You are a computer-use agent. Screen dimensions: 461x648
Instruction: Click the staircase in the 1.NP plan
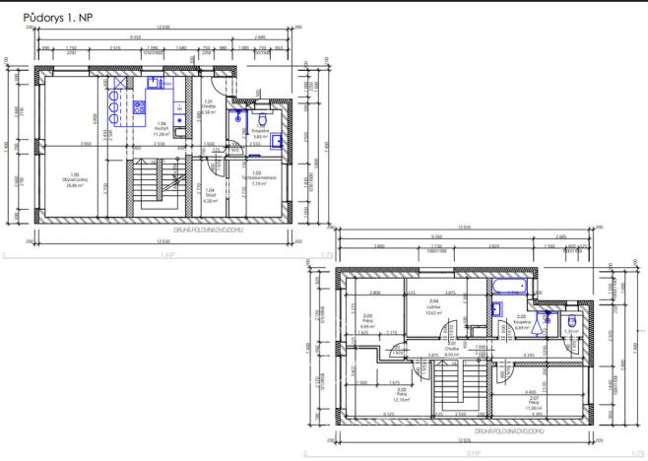coord(150,186)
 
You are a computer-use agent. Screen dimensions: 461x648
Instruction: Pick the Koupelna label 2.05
coord(522,320)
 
